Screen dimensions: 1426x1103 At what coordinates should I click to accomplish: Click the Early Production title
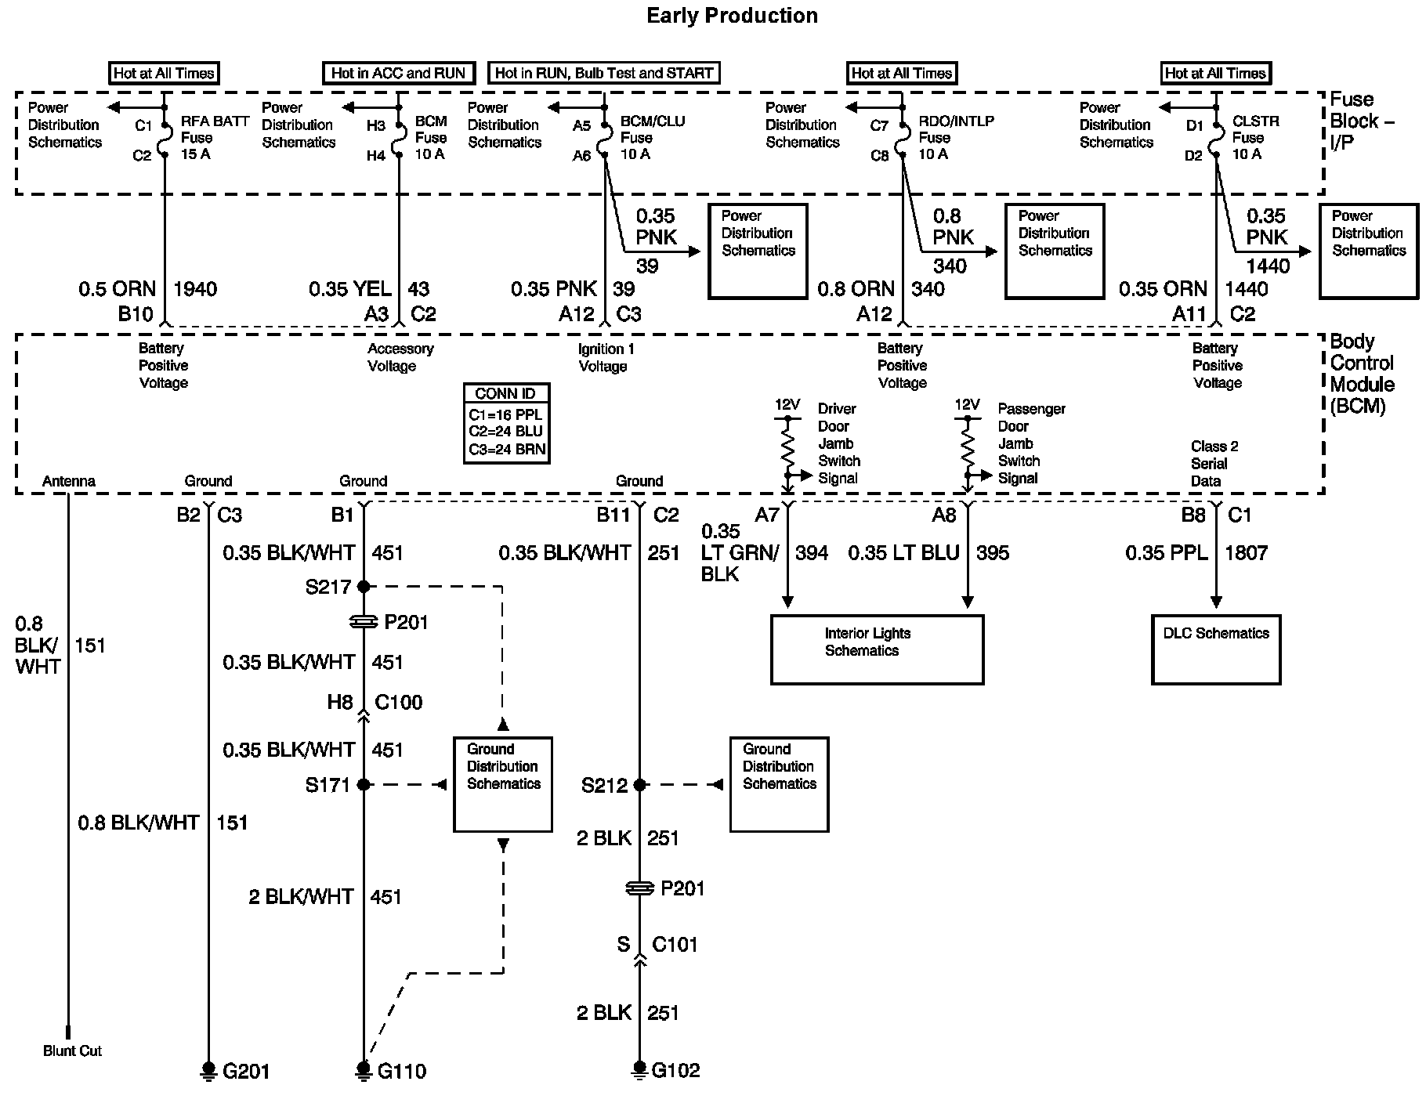(732, 16)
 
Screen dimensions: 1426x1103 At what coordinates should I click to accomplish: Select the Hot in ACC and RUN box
(399, 73)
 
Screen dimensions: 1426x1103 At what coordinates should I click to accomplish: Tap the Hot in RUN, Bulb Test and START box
(603, 73)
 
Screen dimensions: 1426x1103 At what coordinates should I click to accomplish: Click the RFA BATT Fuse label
(215, 138)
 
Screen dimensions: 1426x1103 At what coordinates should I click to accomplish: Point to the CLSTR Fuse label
(1255, 138)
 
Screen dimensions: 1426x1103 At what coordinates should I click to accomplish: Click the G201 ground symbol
(208, 1070)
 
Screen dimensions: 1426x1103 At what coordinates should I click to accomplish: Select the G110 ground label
(402, 1071)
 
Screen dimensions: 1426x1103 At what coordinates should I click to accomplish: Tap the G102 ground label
(676, 1070)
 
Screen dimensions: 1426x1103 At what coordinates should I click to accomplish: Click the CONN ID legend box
(506, 423)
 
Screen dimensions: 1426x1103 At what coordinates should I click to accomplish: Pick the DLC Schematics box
(1216, 649)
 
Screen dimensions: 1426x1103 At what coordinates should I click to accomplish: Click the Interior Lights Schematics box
(877, 649)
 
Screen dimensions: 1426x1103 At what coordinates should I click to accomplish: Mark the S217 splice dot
(364, 586)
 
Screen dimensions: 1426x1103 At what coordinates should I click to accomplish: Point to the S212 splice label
(605, 785)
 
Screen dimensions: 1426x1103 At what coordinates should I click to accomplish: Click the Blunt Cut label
(72, 1051)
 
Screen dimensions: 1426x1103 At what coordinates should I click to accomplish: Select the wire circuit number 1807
(1246, 553)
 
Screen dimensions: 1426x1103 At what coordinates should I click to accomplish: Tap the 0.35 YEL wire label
(349, 289)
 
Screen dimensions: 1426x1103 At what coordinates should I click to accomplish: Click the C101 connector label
(675, 944)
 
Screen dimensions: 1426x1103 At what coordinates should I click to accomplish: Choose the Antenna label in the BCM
(69, 481)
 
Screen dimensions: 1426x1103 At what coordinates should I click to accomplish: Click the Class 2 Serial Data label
(1214, 464)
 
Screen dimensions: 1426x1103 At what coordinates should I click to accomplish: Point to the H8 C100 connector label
(375, 702)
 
